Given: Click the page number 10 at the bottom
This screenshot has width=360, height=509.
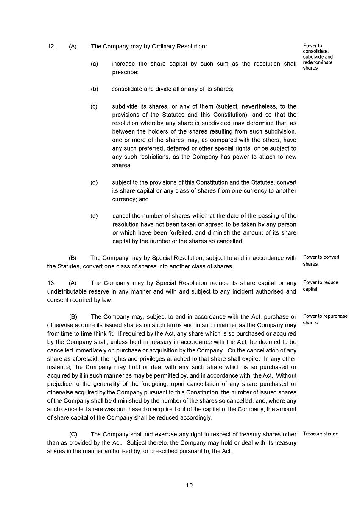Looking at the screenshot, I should (189, 485).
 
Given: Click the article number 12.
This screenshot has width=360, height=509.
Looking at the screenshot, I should (51, 46).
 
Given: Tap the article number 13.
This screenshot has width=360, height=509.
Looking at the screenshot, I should (51, 283).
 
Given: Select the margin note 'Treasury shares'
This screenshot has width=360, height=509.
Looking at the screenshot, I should (321, 434).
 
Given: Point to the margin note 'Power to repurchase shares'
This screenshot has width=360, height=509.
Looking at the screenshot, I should (325, 319).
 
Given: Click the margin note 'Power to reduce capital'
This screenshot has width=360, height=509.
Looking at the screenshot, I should (321, 285).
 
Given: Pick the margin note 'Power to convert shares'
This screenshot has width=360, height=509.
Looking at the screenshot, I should (321, 260).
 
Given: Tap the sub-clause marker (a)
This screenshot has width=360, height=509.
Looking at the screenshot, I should (94, 64).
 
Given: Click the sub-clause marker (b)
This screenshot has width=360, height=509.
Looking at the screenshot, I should (94, 89).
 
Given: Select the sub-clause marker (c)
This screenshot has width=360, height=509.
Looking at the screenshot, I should (94, 106).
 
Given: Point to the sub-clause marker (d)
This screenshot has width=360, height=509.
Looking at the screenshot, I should (94, 182).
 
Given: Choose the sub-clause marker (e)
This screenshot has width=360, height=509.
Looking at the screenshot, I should (94, 216).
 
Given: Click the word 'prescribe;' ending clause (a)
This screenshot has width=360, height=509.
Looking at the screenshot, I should (125, 72).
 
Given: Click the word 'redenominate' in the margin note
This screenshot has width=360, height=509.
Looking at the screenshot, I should (318, 62).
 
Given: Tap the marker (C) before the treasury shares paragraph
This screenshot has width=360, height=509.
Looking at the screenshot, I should (73, 434).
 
